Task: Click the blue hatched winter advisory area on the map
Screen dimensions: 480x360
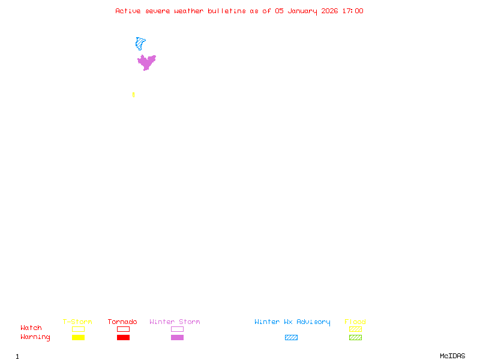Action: click(x=140, y=43)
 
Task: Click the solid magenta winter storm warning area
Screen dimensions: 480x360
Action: click(x=146, y=62)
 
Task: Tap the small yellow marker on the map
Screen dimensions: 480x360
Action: click(x=133, y=95)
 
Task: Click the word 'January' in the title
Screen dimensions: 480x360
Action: click(x=302, y=11)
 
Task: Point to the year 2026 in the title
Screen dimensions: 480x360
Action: click(x=329, y=11)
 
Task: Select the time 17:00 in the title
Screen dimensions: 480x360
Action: click(x=353, y=11)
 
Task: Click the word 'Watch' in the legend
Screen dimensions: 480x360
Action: click(x=31, y=328)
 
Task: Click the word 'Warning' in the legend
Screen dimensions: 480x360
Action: click(x=35, y=337)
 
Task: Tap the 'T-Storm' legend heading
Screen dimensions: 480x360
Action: click(x=77, y=322)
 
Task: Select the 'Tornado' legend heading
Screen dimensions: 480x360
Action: click(x=122, y=322)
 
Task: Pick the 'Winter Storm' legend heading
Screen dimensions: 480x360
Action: click(x=175, y=322)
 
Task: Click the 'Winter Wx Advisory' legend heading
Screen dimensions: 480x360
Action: click(x=292, y=322)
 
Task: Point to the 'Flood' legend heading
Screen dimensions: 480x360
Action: click(x=355, y=322)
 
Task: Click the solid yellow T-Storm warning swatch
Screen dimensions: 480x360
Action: click(x=79, y=337)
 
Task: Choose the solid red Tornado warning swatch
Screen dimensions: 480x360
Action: click(x=124, y=337)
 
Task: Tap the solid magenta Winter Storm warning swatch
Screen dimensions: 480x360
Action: click(x=177, y=337)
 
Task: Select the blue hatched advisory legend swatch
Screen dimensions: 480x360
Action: click(x=291, y=337)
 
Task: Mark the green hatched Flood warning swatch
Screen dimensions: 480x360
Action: click(x=355, y=337)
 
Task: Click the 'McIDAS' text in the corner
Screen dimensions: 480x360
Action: click(x=452, y=356)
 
